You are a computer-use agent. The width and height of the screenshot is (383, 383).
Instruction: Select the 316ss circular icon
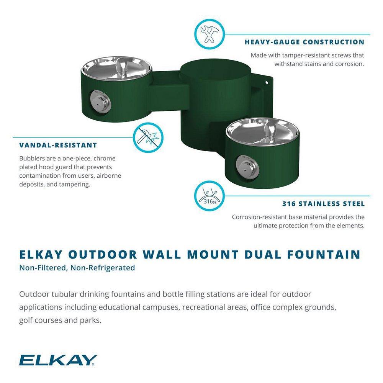[210, 196]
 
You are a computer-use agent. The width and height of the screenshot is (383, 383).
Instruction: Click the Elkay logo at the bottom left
[58, 360]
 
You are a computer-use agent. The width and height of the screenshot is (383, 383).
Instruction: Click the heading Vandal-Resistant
[58, 145]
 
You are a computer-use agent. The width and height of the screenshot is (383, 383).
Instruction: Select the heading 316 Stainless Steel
[323, 204]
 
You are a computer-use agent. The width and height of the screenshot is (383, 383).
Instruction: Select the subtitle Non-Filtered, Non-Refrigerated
[77, 268]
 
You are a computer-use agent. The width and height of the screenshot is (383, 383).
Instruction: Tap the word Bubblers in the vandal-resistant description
[33, 158]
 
